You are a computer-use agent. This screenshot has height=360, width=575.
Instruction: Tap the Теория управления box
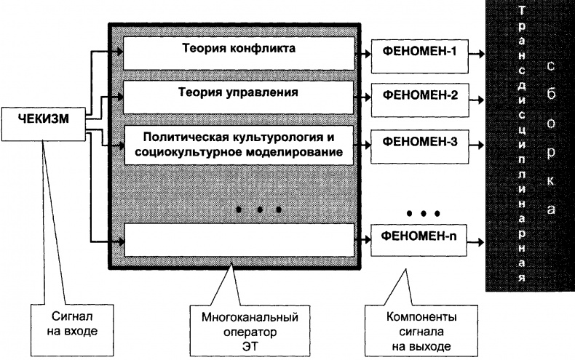coord(239,93)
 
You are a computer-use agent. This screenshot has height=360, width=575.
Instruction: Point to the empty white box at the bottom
coord(239,240)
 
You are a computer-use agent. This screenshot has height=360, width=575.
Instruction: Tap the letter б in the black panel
coord(552,95)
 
